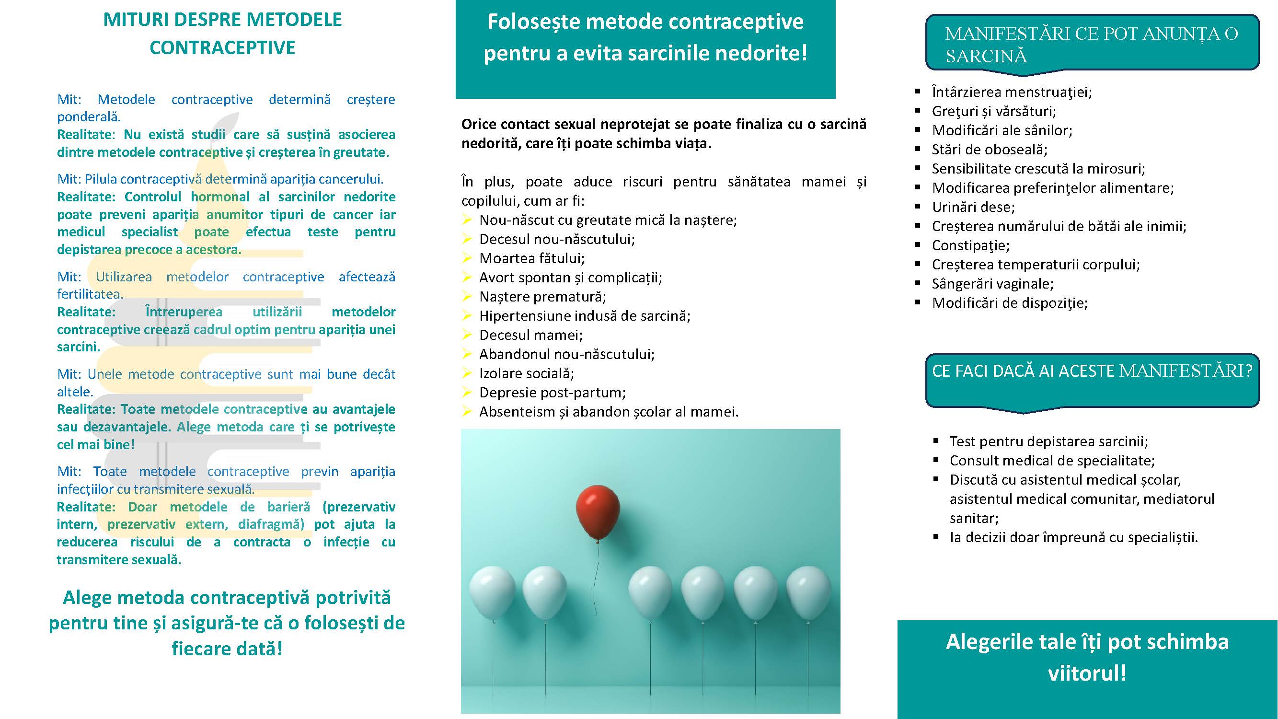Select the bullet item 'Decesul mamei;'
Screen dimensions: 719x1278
[530, 336]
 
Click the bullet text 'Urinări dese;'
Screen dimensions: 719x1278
[973, 207]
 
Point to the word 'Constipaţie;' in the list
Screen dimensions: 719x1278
[970, 245]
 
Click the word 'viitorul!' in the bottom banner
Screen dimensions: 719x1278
[1087, 673]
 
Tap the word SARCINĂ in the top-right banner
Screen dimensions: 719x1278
[986, 56]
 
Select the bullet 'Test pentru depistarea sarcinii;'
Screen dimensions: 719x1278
[1048, 441]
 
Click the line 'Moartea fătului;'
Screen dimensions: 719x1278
[531, 258]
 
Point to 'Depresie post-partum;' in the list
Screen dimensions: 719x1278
[552, 393]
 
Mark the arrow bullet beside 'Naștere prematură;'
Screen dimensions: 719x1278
[466, 297]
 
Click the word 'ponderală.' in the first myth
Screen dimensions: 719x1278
[89, 117]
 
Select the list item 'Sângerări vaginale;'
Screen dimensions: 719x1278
[992, 284]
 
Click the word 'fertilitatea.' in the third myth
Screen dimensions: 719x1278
[90, 294]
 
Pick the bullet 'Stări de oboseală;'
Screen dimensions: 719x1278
[989, 150]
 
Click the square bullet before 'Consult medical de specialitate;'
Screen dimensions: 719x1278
[936, 461]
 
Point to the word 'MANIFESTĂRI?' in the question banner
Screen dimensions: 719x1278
[1186, 371]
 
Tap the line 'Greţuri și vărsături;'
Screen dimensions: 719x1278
[994, 111]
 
